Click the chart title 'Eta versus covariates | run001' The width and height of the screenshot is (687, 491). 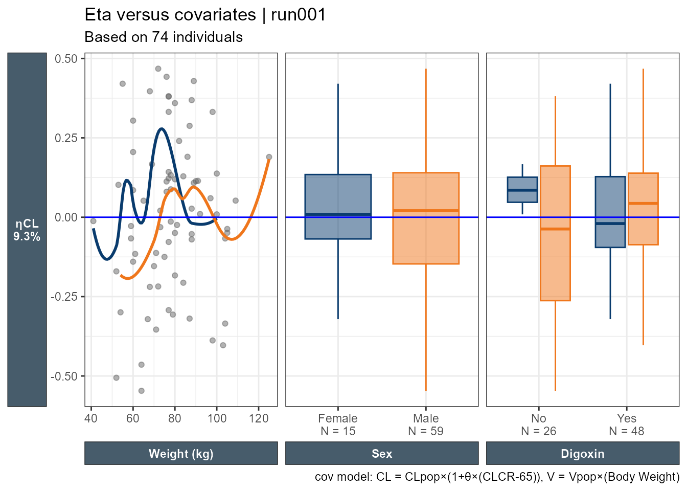tap(205, 15)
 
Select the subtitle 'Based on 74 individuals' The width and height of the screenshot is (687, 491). tap(164, 37)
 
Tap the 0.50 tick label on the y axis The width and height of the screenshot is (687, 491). tap(66, 59)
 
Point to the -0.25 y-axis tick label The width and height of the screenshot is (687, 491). tap(64, 297)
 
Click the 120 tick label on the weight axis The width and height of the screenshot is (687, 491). tap(259, 418)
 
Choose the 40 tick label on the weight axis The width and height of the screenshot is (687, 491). tap(91, 418)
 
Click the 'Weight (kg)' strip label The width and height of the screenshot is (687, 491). tap(181, 454)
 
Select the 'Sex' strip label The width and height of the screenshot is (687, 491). tap(382, 454)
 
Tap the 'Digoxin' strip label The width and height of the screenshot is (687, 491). tap(583, 454)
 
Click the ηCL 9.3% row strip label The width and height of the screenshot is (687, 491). tap(27, 230)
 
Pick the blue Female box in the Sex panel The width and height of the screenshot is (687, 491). tap(338, 207)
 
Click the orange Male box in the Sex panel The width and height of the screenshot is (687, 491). tap(426, 218)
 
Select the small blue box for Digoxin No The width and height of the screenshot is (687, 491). tap(522, 190)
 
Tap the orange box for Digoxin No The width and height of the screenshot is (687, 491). tap(555, 233)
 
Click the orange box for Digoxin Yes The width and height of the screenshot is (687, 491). tap(643, 209)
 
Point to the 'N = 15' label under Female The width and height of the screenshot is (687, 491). tap(338, 431)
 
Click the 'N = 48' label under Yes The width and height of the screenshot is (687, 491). tap(627, 431)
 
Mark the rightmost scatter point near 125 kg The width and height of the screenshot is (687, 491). tap(269, 157)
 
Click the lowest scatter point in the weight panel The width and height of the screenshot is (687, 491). tap(142, 391)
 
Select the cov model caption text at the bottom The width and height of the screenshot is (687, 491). tap(497, 477)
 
